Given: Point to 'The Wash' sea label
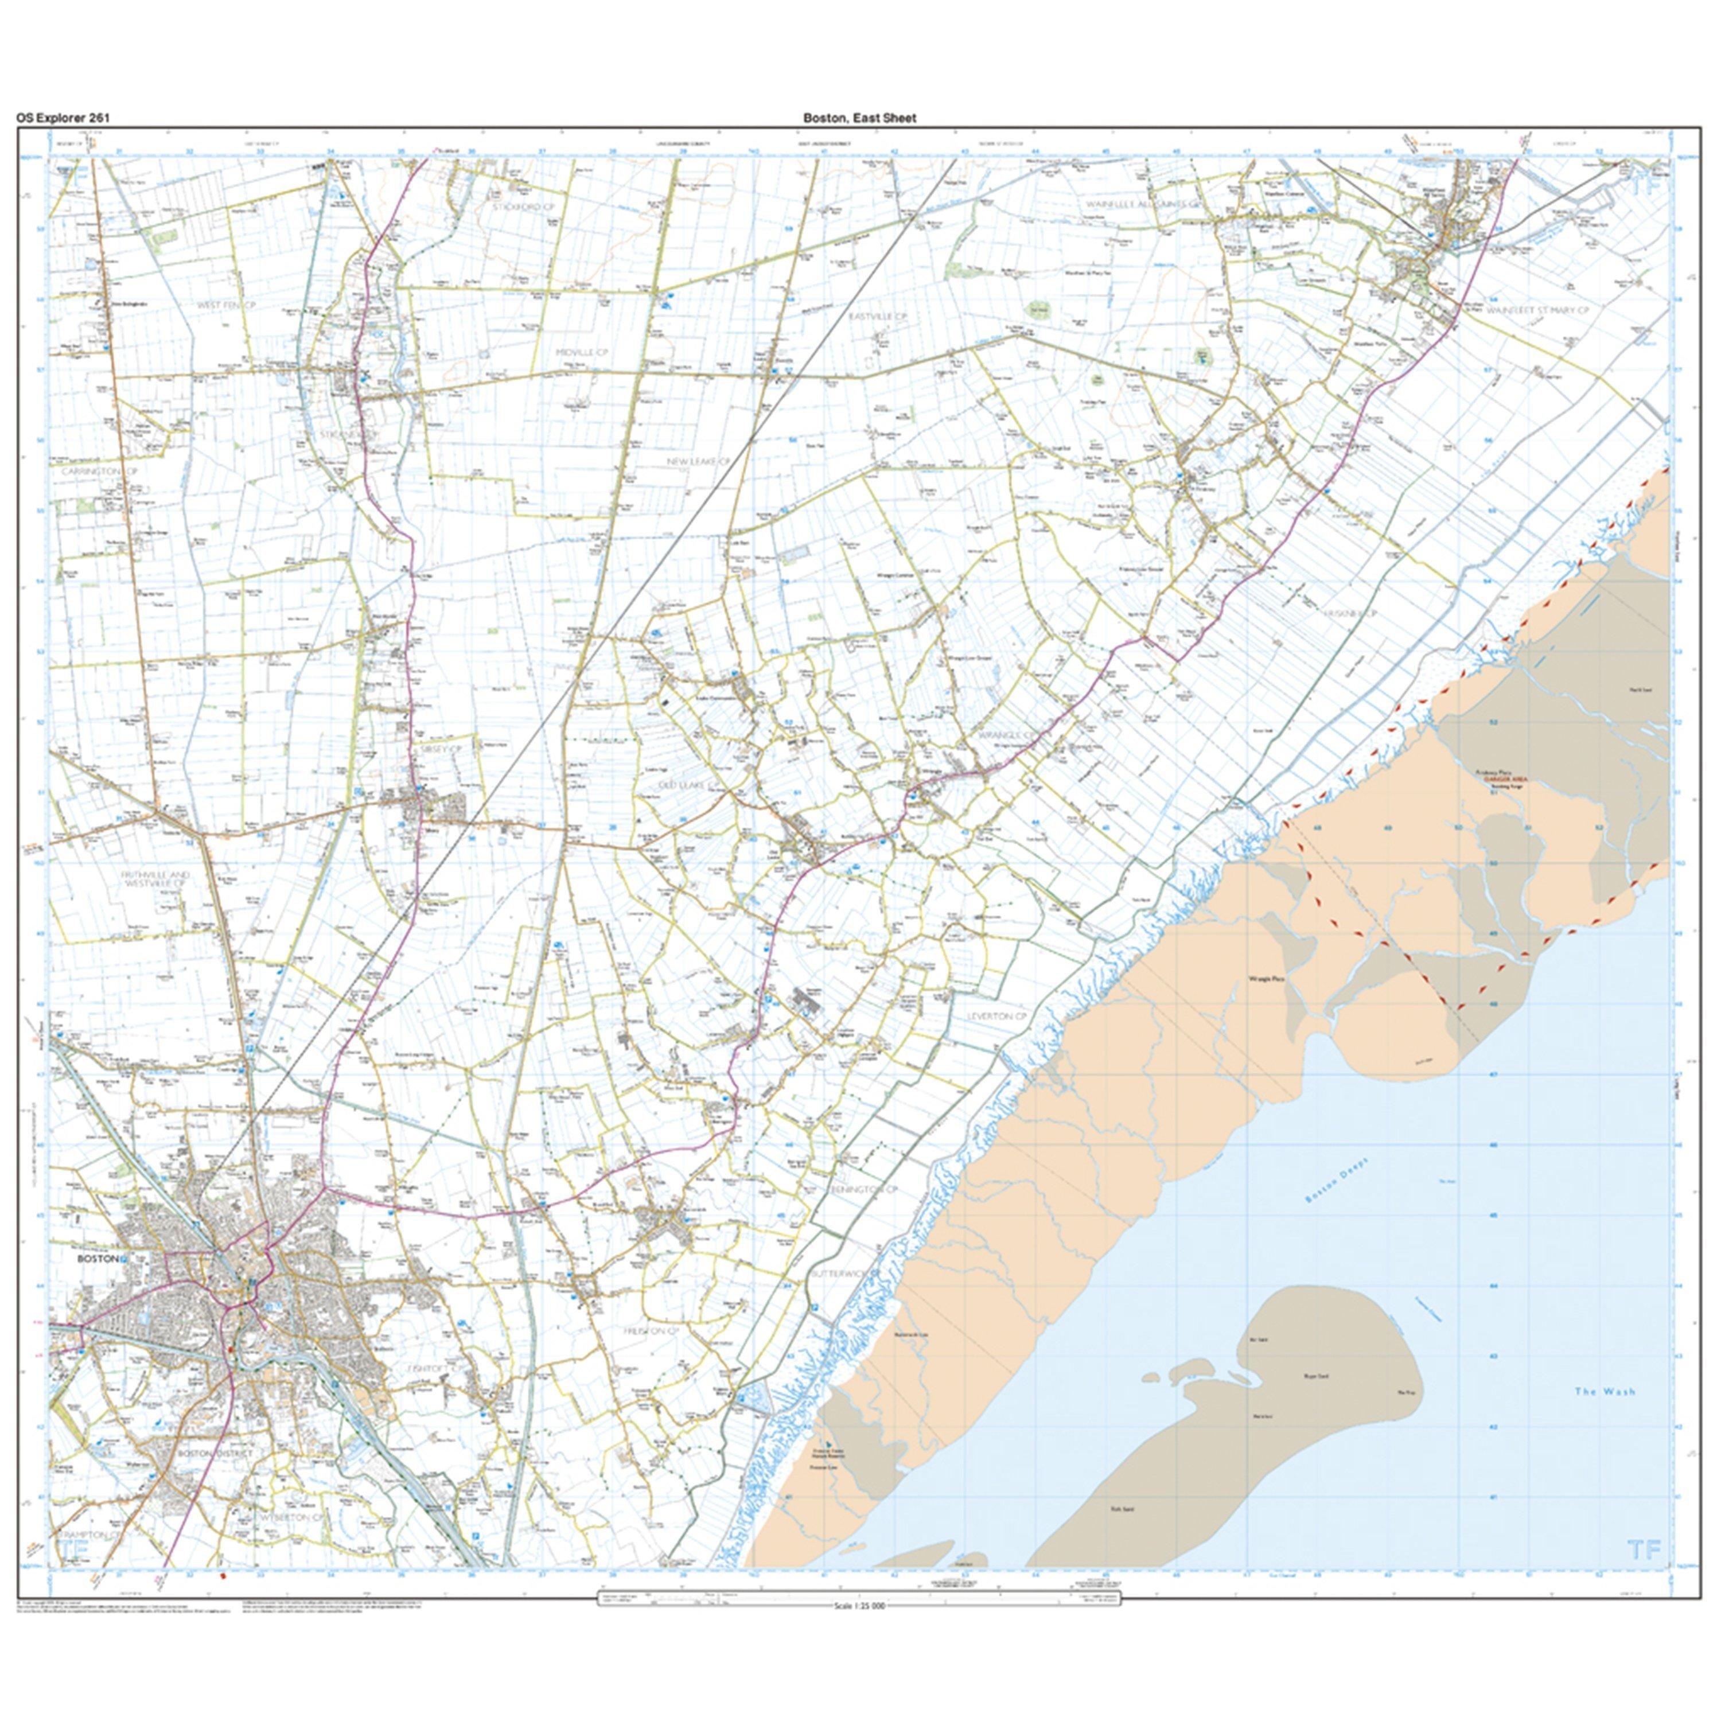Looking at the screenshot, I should click(1605, 1391).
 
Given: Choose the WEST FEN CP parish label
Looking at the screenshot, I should click(226, 305).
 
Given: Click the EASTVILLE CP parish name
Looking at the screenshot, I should click(878, 316).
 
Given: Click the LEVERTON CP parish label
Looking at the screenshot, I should click(997, 1015).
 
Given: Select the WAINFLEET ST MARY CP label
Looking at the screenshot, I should click(1537, 310).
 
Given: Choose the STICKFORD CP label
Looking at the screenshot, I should click(529, 207).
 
